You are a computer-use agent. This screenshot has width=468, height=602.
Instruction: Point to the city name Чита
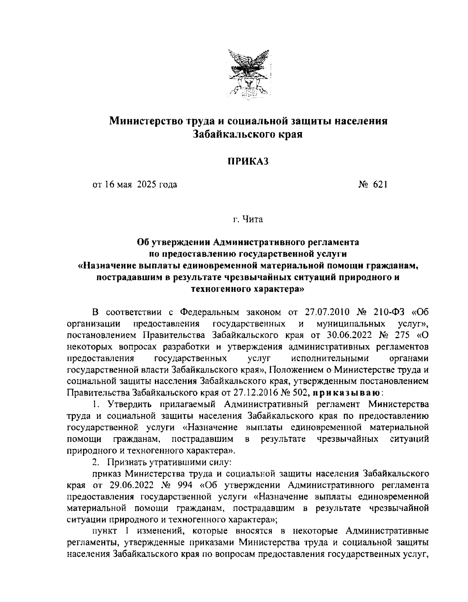[x=253, y=219]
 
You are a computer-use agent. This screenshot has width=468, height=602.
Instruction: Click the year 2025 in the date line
[x=147, y=184]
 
